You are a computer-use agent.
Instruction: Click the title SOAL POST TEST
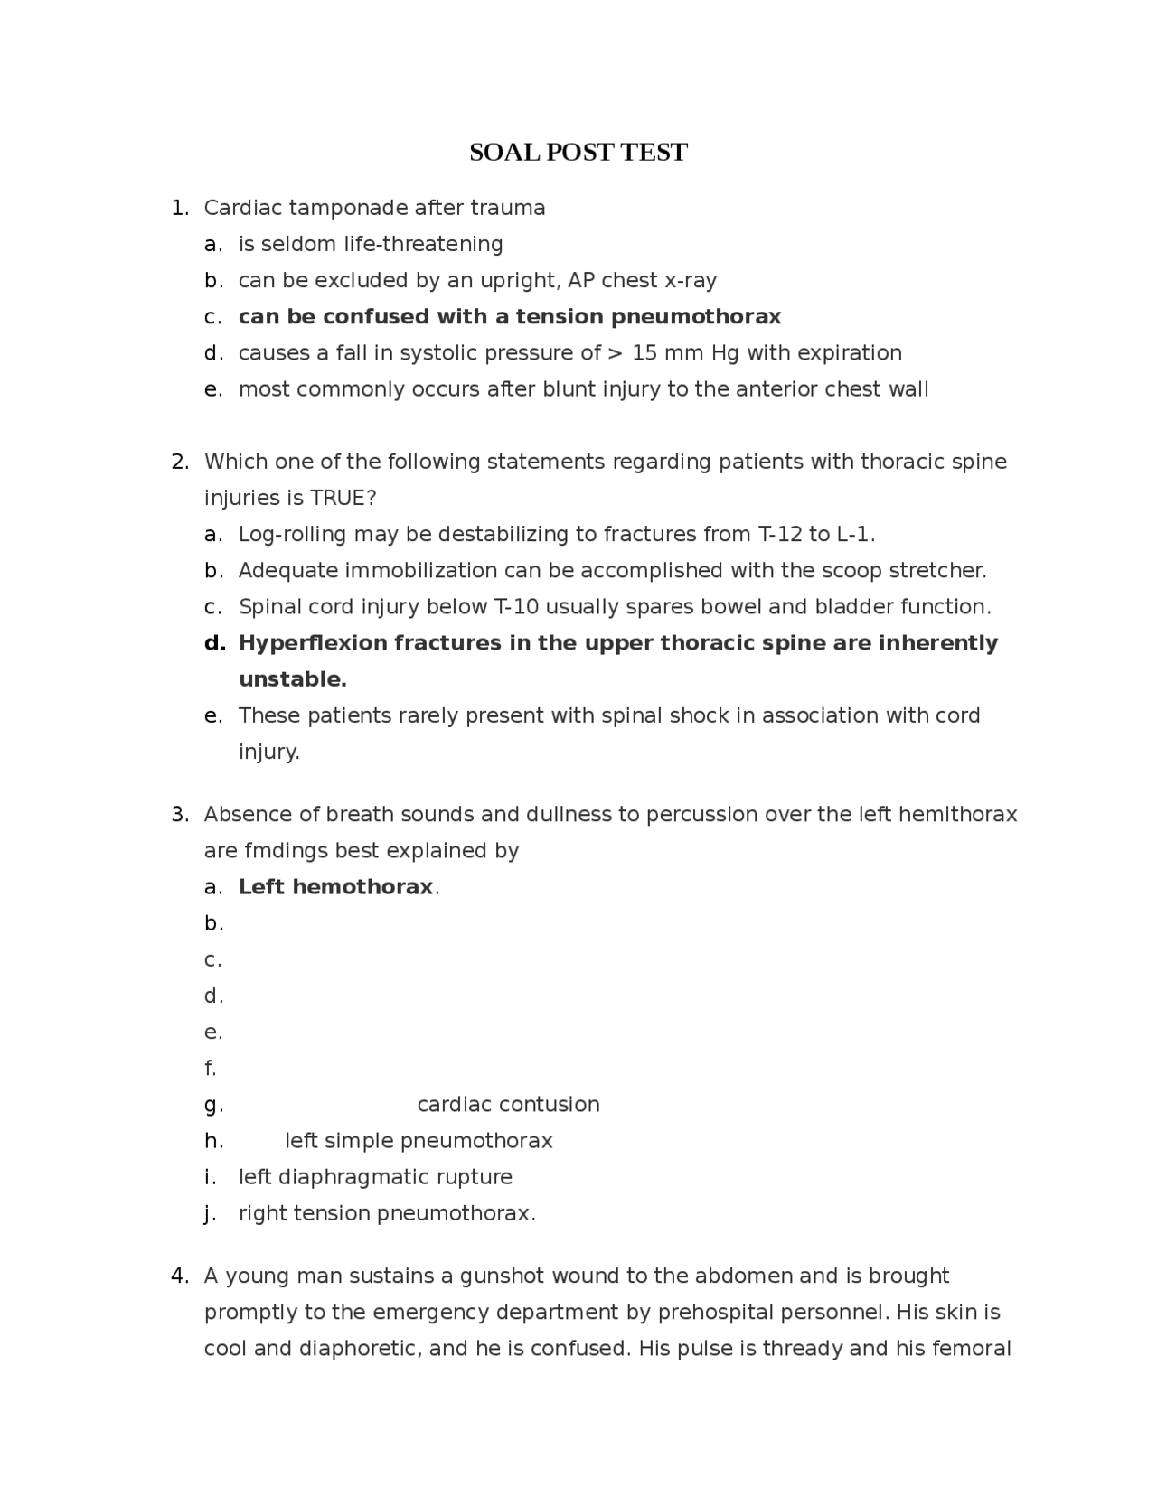(x=578, y=153)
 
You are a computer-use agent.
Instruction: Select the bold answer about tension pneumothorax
(x=509, y=317)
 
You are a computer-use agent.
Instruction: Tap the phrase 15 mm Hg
(x=686, y=353)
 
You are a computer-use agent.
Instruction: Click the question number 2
(x=179, y=463)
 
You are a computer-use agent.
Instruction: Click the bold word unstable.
(x=292, y=679)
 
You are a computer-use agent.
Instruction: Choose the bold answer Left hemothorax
(x=335, y=887)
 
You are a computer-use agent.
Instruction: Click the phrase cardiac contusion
(x=508, y=1105)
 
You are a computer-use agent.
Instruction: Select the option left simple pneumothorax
(x=419, y=1141)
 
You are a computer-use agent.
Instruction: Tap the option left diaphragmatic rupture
(x=375, y=1177)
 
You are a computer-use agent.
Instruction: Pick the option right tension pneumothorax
(x=386, y=1213)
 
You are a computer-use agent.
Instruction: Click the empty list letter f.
(x=211, y=1069)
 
